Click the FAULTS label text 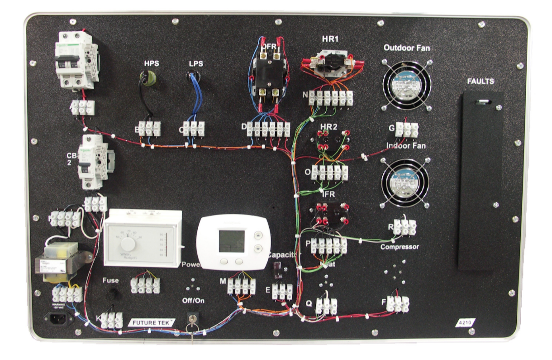(481, 82)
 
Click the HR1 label (330, 39)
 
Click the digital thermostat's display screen (232, 241)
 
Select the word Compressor (399, 247)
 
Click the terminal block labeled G (406, 130)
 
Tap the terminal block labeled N (331, 97)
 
